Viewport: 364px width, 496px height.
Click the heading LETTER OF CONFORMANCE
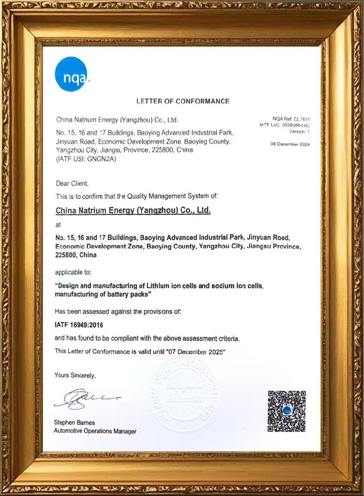[x=183, y=101]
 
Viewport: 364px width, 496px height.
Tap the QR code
[x=287, y=411]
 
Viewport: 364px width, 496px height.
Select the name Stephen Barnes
[x=74, y=423]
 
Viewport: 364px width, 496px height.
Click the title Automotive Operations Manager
[x=95, y=432]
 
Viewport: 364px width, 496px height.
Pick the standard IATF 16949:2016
[x=80, y=325]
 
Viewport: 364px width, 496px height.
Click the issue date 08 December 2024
[x=290, y=144]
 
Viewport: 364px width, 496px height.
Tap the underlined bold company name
[x=133, y=210]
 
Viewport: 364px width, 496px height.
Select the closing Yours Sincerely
[x=75, y=375]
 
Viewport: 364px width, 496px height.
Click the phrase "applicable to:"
[x=73, y=272]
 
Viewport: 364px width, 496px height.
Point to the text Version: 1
[x=299, y=131]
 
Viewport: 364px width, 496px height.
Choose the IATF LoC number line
[x=285, y=125]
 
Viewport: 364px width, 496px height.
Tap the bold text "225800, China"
[x=76, y=255]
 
